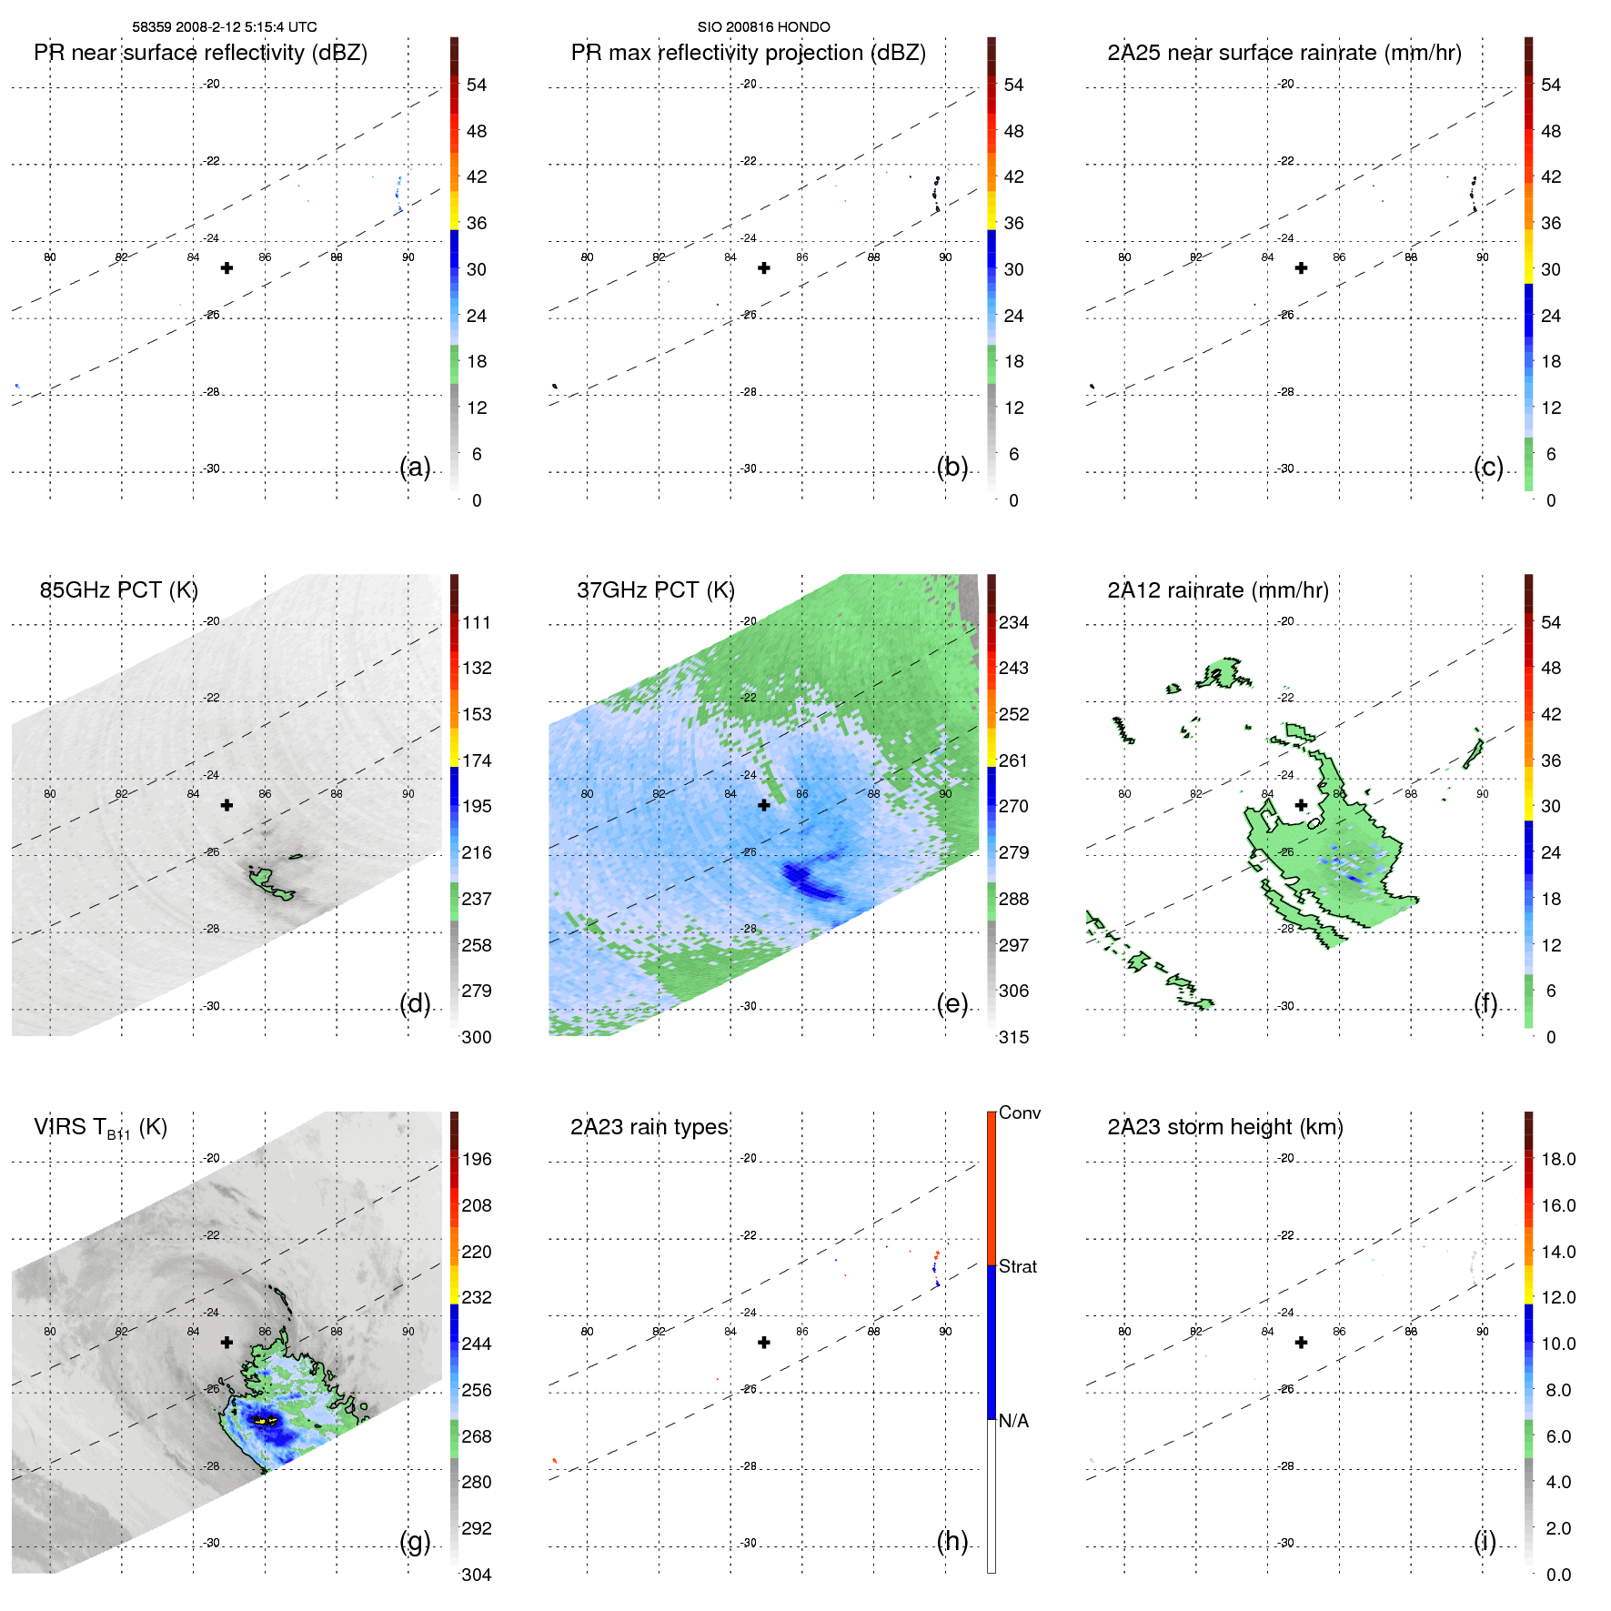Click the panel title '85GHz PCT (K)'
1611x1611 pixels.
118,590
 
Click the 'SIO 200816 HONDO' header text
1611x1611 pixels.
763,27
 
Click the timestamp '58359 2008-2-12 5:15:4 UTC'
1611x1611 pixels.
224,27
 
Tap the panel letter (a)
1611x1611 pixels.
415,467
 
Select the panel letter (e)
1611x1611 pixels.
952,1003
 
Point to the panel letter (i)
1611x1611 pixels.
1485,1541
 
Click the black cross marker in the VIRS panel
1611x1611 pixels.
227,1342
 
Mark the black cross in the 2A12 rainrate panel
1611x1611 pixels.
1301,805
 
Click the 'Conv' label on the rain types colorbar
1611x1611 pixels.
1019,1113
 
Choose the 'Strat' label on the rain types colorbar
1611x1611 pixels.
1017,1266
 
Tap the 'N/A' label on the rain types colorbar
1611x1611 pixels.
1013,1421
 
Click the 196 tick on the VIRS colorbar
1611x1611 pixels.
476,1159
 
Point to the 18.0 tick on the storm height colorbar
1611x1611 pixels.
1557,1159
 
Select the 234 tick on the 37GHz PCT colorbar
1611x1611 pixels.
1013,622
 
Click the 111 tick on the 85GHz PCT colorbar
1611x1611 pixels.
476,622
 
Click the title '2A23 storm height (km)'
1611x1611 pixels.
1224,1127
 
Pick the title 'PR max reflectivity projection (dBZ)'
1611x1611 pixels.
748,53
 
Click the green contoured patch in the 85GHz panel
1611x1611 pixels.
269,882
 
